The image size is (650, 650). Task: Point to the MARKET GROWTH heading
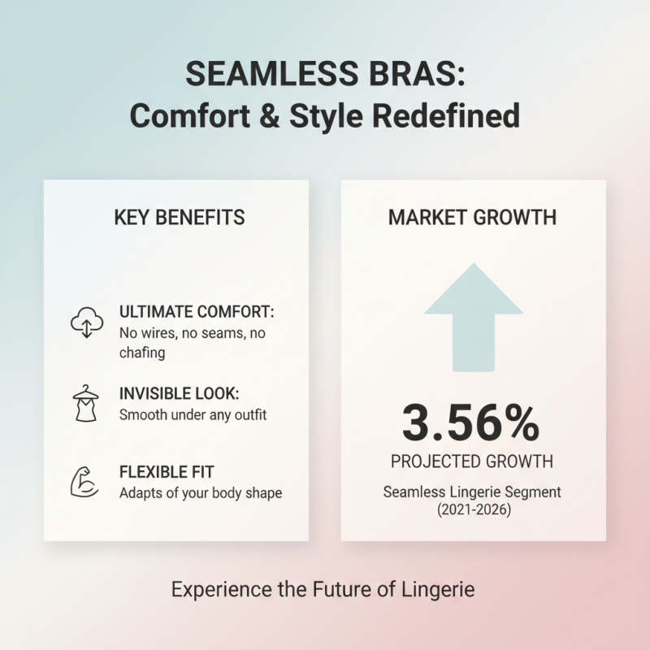(472, 218)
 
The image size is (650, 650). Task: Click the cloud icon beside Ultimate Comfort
(87, 323)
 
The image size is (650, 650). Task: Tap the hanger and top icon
(86, 402)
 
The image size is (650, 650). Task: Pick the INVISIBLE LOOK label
(180, 393)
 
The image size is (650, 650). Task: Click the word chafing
(142, 353)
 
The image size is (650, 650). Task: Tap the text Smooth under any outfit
(193, 414)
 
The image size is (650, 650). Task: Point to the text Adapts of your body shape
(201, 493)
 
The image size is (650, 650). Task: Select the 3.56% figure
(472, 422)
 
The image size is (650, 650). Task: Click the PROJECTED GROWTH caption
(472, 461)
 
